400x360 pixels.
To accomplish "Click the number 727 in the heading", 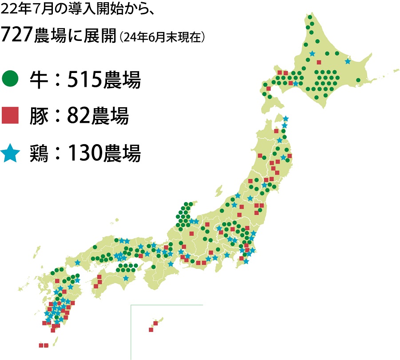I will point(17,36).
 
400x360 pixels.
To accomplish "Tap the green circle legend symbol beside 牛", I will point(10,79).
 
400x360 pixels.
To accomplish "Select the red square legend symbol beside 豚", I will point(10,117).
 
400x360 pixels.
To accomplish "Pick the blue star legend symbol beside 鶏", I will point(10,154).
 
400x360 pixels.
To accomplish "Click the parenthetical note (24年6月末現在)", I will point(162,38).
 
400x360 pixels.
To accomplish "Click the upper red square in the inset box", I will point(156,323).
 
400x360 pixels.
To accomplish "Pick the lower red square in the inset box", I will point(151,330).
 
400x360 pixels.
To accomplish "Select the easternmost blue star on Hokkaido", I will point(348,61).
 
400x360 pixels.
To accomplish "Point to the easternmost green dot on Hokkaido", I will point(358,80).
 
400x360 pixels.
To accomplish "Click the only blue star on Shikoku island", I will point(126,279).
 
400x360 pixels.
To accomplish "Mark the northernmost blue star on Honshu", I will point(286,119).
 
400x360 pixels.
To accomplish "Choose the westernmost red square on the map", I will point(41,345).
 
